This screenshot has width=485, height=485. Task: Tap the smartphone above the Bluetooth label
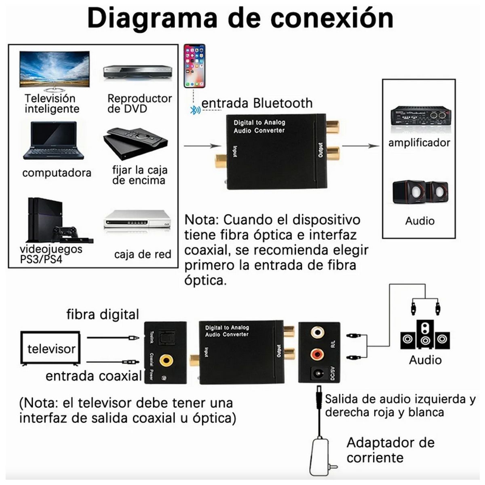(x=194, y=66)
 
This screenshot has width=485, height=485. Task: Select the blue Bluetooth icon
(x=196, y=110)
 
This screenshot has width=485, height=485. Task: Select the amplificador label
(x=419, y=143)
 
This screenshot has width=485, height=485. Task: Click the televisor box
(x=51, y=349)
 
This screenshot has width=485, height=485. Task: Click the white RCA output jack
(x=317, y=333)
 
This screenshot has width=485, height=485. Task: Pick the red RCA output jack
(x=317, y=354)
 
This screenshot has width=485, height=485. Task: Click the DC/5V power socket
(x=317, y=374)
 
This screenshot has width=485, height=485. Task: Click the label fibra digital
(x=103, y=315)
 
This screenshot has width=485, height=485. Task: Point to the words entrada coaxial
(x=93, y=376)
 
